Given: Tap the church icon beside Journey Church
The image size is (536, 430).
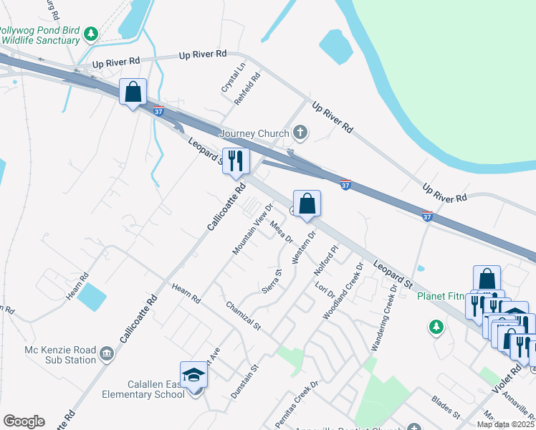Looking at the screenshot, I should (x=301, y=132).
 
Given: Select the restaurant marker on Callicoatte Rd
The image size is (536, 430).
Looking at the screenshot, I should (x=236, y=161).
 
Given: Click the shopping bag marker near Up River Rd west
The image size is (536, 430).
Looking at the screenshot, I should (x=133, y=92).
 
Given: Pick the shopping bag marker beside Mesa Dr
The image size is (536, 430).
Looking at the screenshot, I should (x=307, y=204).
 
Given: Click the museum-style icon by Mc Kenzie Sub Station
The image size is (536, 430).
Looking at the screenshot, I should (x=107, y=353).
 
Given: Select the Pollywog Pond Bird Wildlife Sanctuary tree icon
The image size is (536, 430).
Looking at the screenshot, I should (x=91, y=34).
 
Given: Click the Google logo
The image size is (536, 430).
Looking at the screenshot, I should (x=24, y=421).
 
